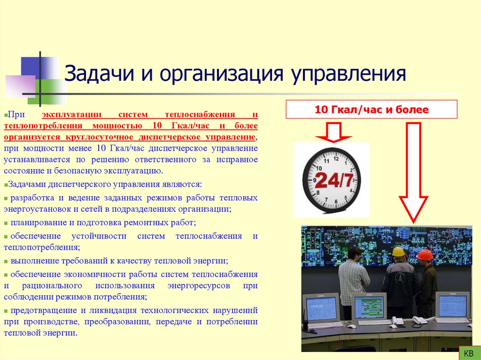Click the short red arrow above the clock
[x=333, y=132]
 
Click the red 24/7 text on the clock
[x=334, y=180]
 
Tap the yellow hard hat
[x=399, y=252]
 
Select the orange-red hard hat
[x=425, y=255]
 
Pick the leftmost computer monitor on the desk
[x=321, y=308]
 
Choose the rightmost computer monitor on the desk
[x=452, y=306]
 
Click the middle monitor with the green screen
[x=369, y=307]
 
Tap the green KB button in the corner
[x=468, y=352]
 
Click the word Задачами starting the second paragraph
[x=26, y=184]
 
